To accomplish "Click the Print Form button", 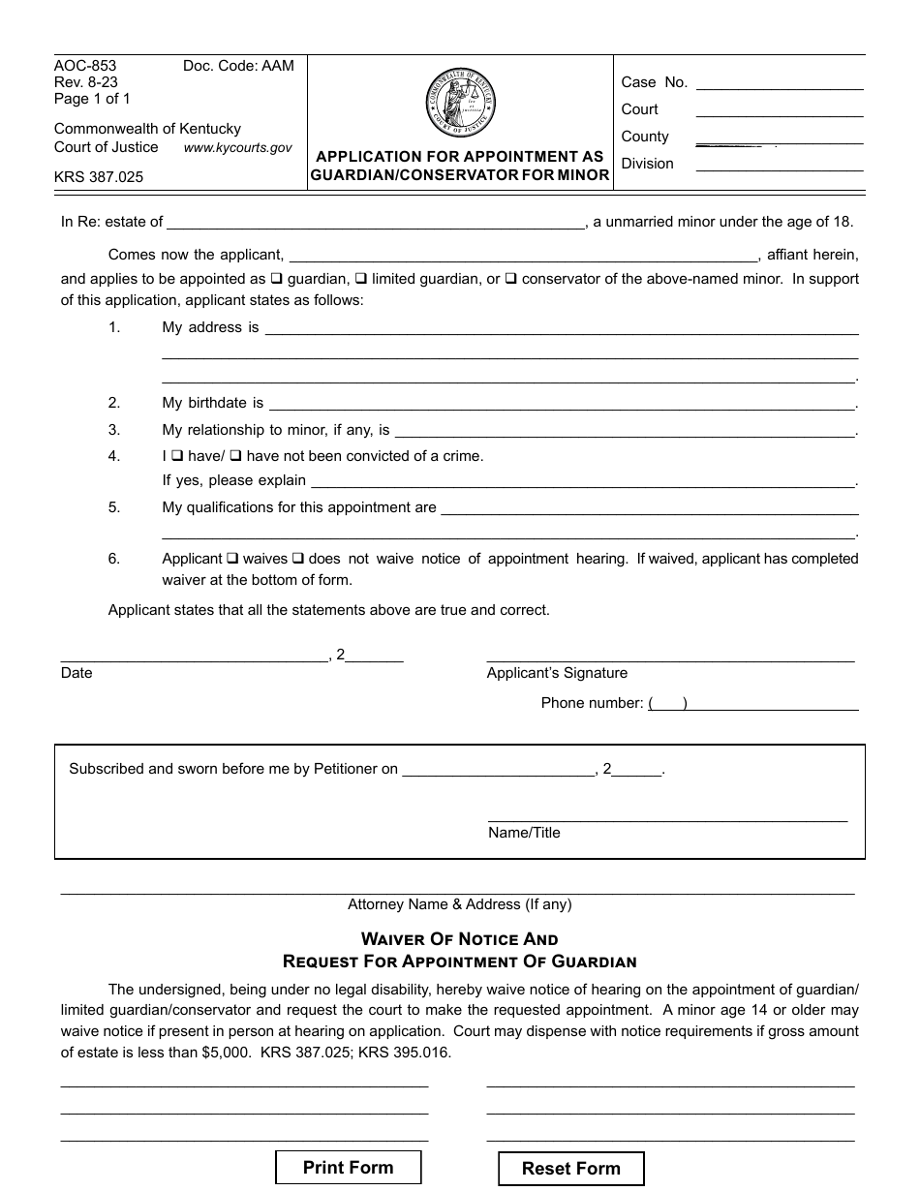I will (x=349, y=1167).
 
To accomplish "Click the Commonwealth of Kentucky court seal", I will (x=460, y=103).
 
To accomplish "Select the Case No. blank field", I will (x=780, y=82).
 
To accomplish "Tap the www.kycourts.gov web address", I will (x=237, y=148).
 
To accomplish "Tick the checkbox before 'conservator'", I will (x=510, y=279).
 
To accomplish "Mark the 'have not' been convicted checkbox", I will (x=235, y=455).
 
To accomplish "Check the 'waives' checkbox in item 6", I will (x=232, y=559).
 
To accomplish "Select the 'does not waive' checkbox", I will (x=298, y=559).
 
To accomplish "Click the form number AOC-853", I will (x=85, y=66).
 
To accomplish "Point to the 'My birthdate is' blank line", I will (x=562, y=403).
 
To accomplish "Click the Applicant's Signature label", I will (x=557, y=673).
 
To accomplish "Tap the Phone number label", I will (x=592, y=703).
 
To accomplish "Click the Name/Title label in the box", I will (x=524, y=833).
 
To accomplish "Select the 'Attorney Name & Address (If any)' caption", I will (x=460, y=904).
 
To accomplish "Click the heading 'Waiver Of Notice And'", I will (x=459, y=939).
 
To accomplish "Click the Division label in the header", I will (x=647, y=164).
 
